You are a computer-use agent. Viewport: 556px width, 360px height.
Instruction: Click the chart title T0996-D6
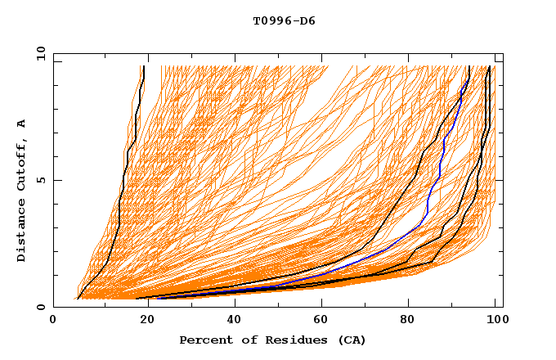pos(284,21)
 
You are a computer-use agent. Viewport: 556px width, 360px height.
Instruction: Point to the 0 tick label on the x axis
pos(54,322)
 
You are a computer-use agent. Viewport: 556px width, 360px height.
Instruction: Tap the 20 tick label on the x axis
pos(144,322)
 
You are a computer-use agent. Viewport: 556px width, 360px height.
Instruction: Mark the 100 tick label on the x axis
pos(495,322)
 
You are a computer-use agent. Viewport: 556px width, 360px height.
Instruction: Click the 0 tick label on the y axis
pos(40,307)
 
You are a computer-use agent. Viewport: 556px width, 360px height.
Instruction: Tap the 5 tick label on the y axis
pos(40,180)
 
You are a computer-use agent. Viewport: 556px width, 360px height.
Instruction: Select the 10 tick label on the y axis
pos(38,53)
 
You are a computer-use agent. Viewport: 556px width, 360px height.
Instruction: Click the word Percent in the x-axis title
pos(203,340)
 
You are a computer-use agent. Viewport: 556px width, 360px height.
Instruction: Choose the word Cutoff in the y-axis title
pos(22,163)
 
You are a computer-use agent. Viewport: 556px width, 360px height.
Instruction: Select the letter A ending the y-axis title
pos(22,124)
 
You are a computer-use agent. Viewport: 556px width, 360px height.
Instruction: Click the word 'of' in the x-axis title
pos(242,340)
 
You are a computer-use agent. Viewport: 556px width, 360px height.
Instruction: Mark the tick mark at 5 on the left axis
pos(56,180)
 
